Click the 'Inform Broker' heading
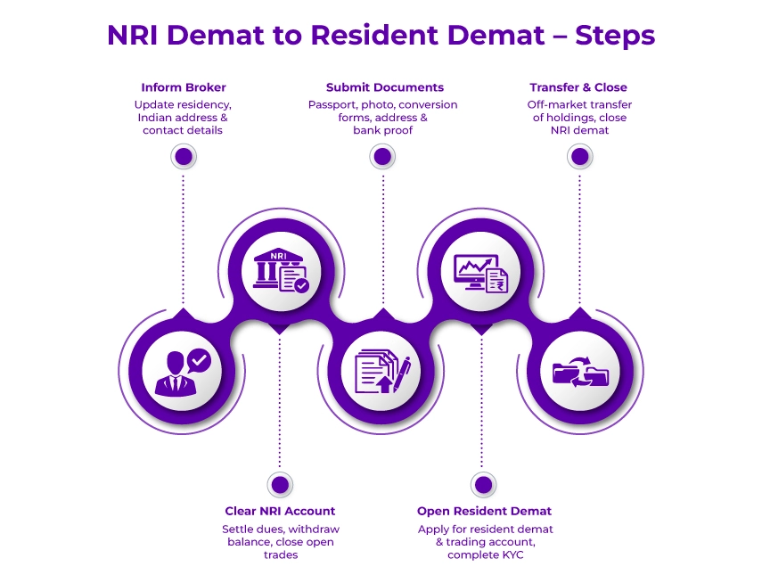184,87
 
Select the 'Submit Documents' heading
384,87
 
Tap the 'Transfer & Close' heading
578,87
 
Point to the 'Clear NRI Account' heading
280,511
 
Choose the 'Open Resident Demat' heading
484,511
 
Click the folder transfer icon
580,371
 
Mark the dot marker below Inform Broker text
184,157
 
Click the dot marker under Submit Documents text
383,157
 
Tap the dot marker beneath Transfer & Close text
580,157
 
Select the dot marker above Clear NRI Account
280,485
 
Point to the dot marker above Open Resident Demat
483,485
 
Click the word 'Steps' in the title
615,35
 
